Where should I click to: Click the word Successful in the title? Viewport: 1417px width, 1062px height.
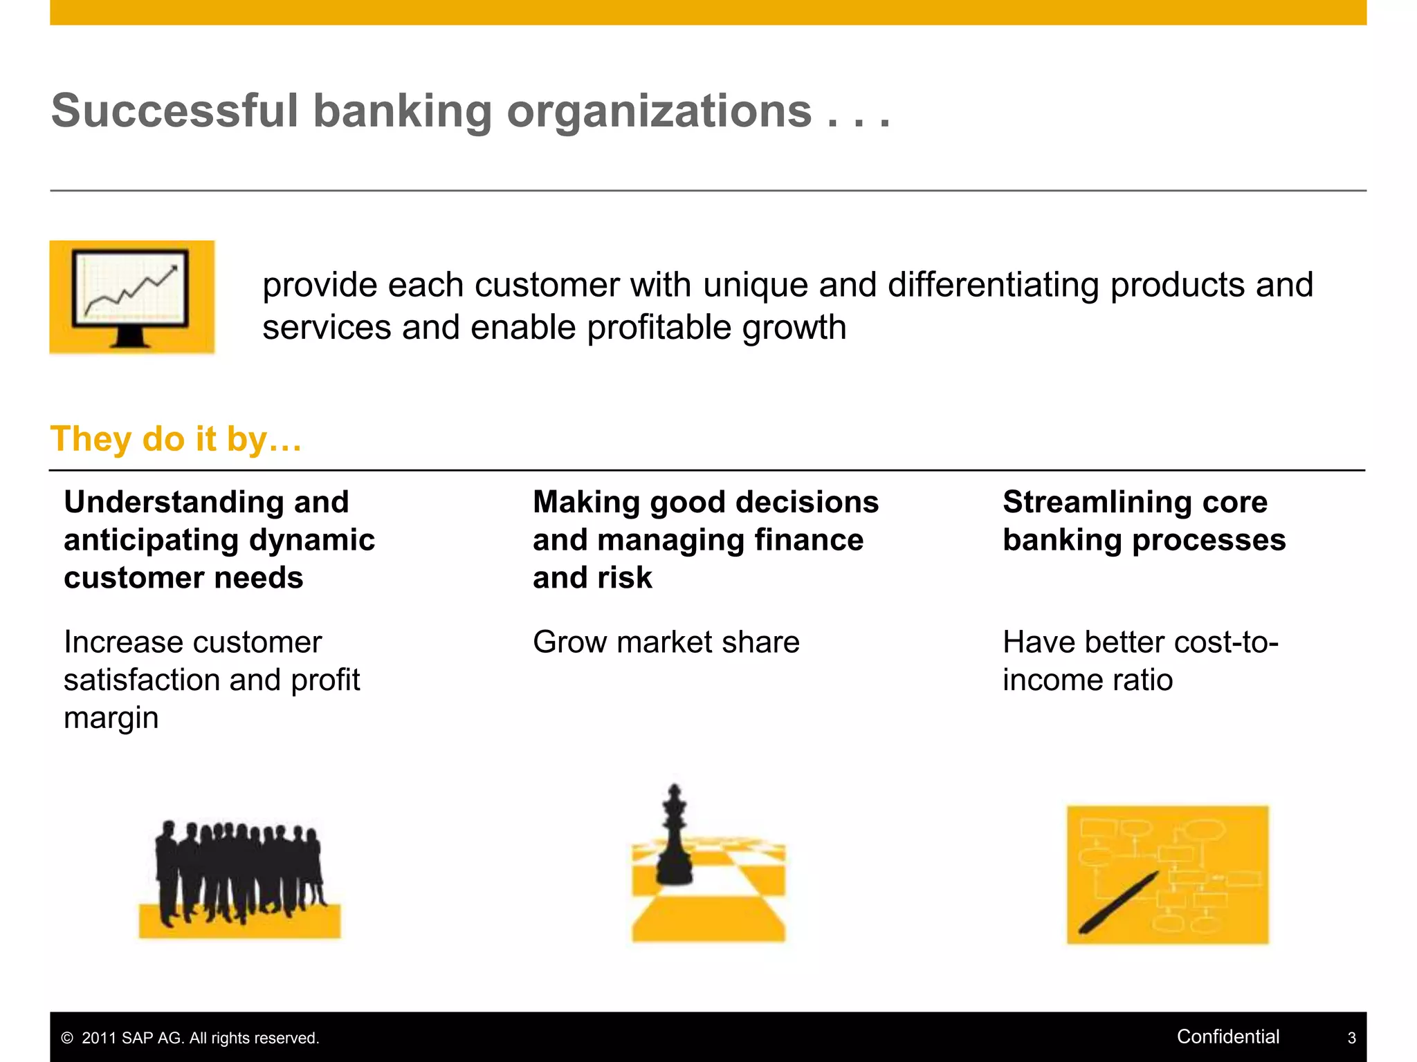pos(174,111)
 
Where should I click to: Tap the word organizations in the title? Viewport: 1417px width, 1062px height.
pos(659,111)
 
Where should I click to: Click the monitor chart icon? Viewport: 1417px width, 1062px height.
pos(131,297)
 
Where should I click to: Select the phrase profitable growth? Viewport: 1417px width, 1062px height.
pos(716,327)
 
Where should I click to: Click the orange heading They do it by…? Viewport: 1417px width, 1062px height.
pos(176,439)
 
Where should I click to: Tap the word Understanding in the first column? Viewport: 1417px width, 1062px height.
pos(173,502)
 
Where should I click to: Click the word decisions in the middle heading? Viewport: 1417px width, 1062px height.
pos(807,502)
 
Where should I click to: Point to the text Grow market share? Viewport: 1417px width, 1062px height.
pos(666,642)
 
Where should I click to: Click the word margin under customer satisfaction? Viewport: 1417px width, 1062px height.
pos(111,718)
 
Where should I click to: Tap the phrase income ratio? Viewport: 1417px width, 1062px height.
pos(1087,680)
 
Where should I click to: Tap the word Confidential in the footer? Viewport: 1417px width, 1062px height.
pos(1227,1036)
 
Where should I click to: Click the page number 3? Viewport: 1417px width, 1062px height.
pos(1351,1038)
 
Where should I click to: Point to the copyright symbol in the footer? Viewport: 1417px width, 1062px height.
pos(67,1038)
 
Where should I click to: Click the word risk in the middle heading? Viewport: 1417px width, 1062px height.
pos(626,578)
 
